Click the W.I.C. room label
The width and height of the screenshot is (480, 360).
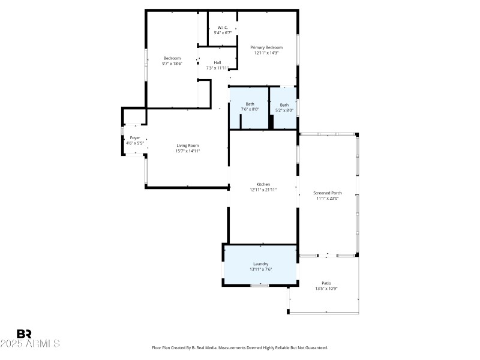tap(223, 28)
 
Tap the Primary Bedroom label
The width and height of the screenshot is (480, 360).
tap(266, 47)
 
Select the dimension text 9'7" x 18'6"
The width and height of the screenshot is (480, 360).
tap(172, 63)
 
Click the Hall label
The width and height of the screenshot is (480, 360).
tap(217, 62)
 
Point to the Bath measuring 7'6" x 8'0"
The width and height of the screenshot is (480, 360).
tap(250, 104)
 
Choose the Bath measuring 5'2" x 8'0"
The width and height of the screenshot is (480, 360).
tap(284, 105)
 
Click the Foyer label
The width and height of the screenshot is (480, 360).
tap(134, 138)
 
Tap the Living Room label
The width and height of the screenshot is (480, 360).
tap(187, 145)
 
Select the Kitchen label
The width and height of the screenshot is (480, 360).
tap(263, 184)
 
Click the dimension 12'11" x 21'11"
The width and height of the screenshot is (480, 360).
tap(263, 190)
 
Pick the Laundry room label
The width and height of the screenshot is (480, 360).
tap(260, 264)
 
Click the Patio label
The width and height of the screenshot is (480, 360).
tap(326, 283)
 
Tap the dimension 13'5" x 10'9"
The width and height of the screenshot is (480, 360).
tap(326, 289)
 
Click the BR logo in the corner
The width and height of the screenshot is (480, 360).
tap(24, 334)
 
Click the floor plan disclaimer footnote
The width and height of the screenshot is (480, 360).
tap(240, 347)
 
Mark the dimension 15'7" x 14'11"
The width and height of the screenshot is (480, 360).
tap(187, 151)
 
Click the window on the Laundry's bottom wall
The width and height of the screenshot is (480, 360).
tap(259, 285)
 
